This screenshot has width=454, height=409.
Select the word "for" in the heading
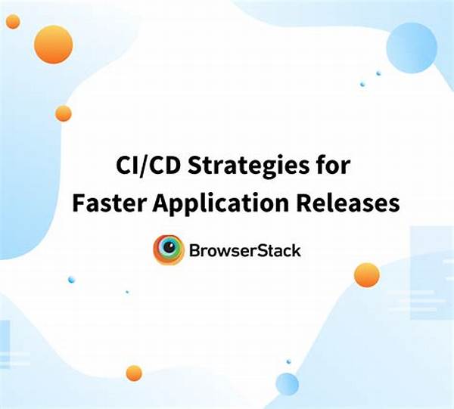pos(334,165)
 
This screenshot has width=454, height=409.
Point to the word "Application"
pos(221,203)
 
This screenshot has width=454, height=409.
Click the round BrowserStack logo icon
pos(169,249)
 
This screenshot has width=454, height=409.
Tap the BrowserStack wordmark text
pos(245,250)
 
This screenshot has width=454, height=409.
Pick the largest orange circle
pos(53,45)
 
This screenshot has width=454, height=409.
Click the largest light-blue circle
pos(412,48)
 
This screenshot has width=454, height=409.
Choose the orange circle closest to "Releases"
pos(367,275)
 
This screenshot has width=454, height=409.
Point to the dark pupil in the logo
pos(169,246)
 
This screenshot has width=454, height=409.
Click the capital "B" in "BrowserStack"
pos(194,251)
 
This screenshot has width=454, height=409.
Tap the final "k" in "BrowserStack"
pos(296,250)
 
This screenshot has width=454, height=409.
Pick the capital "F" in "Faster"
pos(79,203)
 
